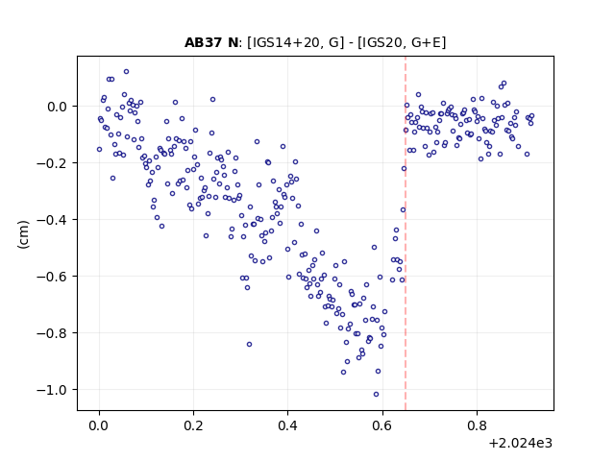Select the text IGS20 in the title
click(382, 42)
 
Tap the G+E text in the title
click(427, 42)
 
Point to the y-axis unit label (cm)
click(23, 234)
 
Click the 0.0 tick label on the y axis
click(58, 107)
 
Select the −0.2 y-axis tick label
click(52, 163)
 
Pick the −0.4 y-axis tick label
click(52, 220)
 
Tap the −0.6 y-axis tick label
click(52, 277)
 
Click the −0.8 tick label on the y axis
click(52, 333)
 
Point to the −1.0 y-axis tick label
click(52, 390)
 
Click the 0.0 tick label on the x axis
click(99, 425)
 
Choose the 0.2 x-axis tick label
click(193, 425)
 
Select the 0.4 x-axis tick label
click(287, 425)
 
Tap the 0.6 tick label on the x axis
click(382, 425)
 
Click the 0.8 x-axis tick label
click(477, 425)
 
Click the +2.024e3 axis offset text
click(521, 444)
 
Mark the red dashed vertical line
click(406, 233)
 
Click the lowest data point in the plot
click(376, 394)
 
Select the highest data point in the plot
click(126, 71)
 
